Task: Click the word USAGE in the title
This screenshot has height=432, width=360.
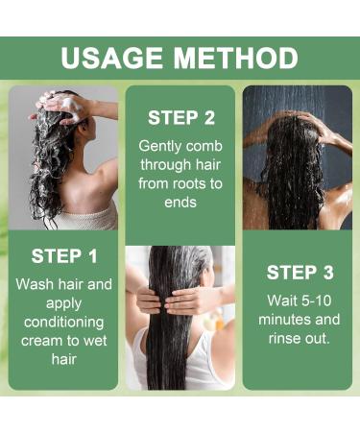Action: (111, 58)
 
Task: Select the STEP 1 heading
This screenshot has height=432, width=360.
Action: (64, 256)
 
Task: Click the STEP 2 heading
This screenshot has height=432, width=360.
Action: (181, 117)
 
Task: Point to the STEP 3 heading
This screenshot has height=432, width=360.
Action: (300, 273)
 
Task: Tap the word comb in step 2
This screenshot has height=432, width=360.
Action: (204, 146)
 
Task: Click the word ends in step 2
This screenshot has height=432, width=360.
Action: (180, 203)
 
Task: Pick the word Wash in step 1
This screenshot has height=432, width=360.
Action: (34, 284)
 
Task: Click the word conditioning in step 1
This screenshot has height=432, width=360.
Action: (64, 323)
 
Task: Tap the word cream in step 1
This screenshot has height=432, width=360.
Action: (41, 341)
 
